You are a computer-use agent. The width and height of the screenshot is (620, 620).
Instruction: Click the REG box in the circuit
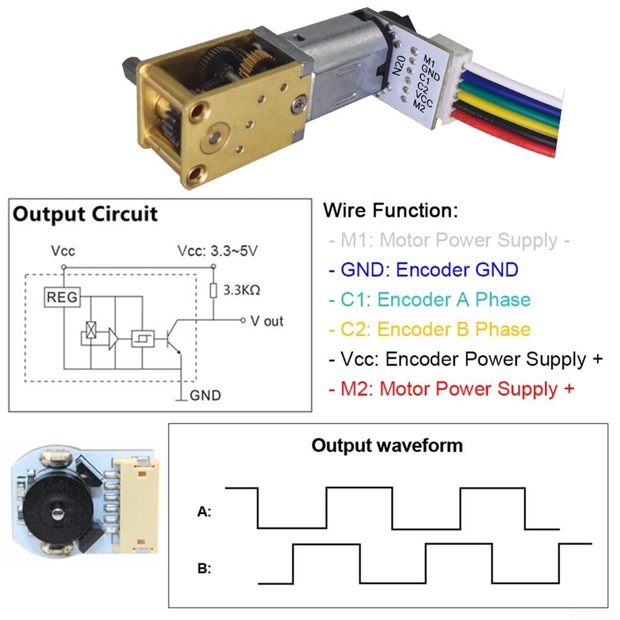63,298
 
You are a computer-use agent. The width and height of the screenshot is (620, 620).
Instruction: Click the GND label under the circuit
205,395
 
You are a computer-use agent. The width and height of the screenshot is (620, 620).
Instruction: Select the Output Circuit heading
85,214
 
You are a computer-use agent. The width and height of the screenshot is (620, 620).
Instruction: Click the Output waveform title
386,445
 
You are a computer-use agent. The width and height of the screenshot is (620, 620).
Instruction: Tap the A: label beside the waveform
204,512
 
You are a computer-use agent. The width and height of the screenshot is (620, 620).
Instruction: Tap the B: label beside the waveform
204,569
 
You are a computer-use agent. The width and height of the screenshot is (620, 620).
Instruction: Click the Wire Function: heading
390,211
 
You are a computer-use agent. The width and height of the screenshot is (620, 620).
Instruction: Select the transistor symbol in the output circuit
172,338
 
